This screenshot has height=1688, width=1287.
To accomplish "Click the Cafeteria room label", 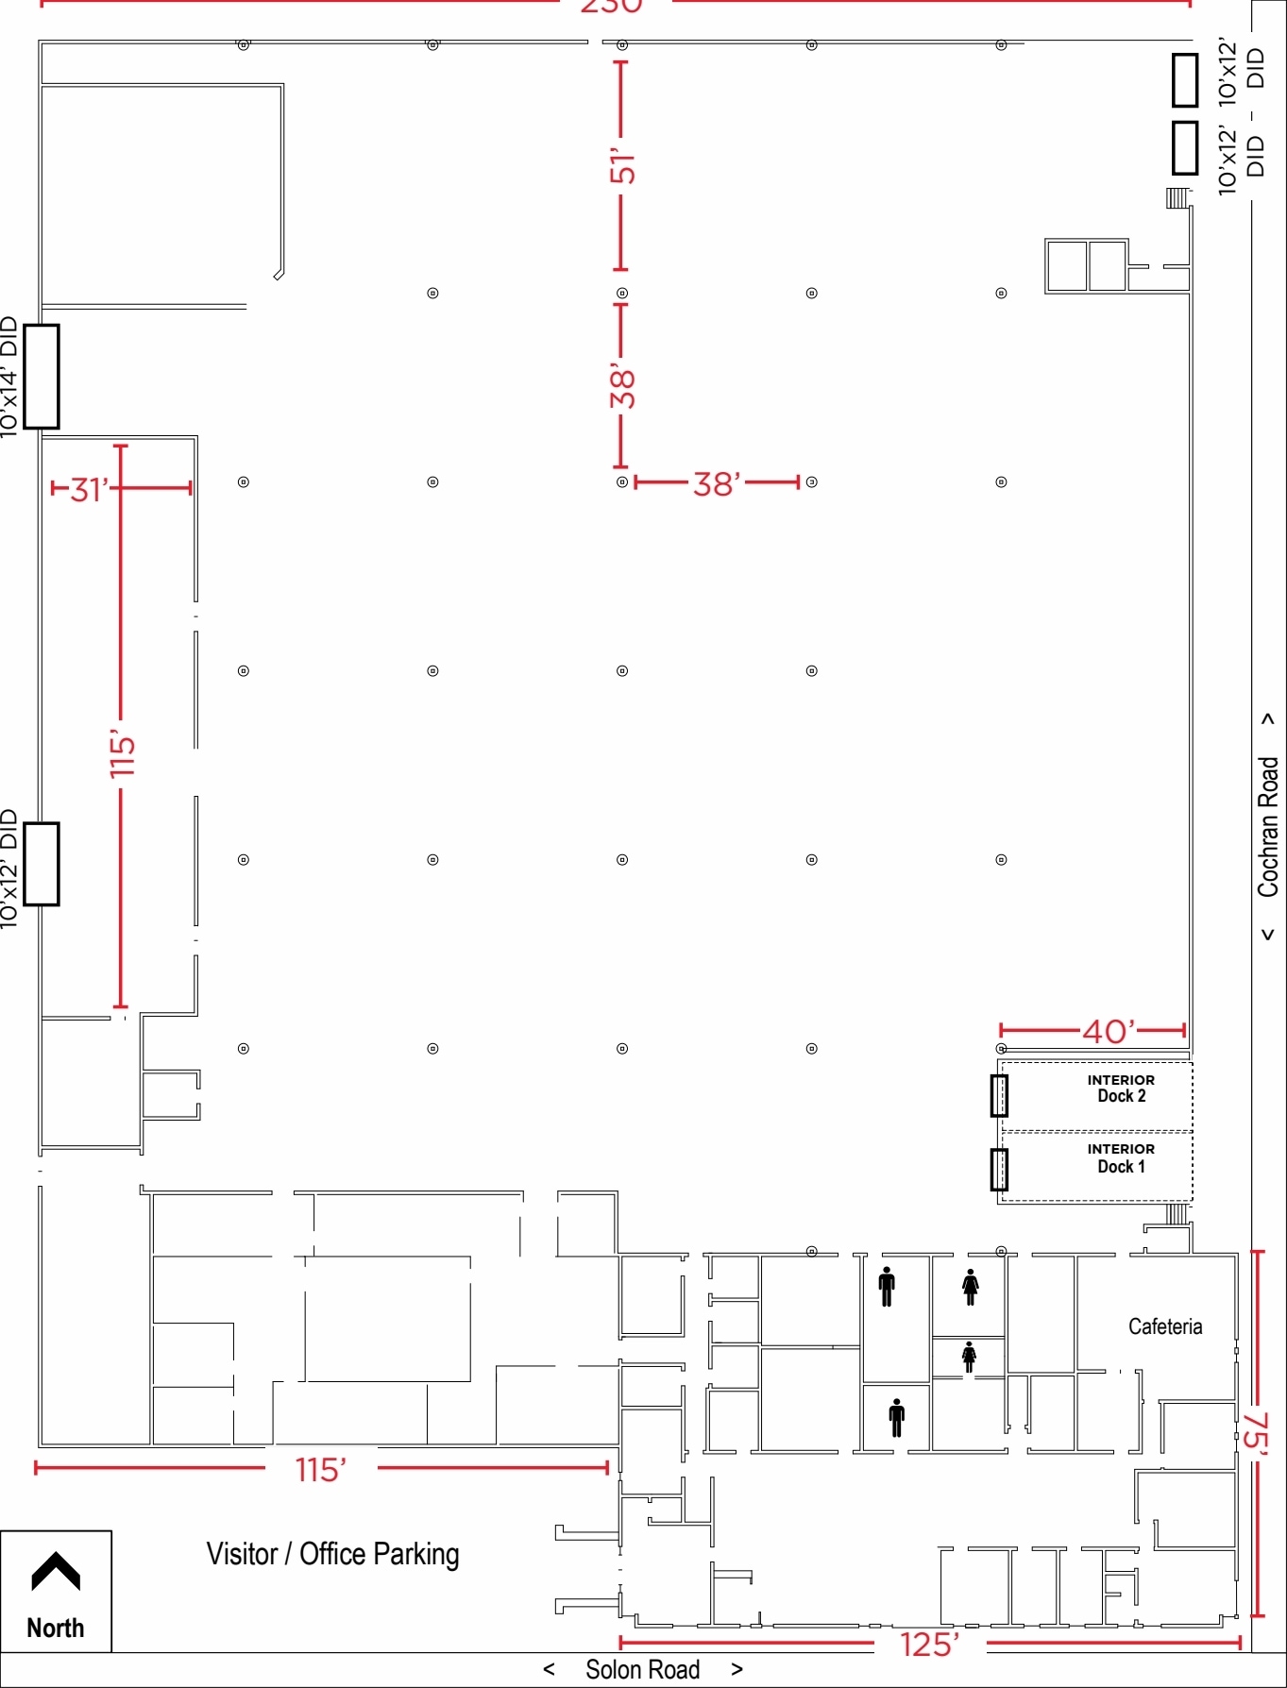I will [x=1165, y=1326].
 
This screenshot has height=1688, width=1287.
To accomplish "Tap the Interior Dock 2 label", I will [x=1121, y=1089].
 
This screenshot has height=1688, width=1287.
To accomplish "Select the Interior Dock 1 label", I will [x=1121, y=1158].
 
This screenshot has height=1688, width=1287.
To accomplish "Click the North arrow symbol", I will [x=56, y=1572].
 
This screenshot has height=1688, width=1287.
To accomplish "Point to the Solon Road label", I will [x=642, y=1669].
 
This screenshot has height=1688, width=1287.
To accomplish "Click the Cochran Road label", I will [x=1267, y=826].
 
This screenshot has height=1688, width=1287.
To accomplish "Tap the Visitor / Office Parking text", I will [x=332, y=1554].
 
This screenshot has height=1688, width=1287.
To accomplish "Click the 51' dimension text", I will [x=621, y=166].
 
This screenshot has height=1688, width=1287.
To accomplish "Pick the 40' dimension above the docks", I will [x=1109, y=1031].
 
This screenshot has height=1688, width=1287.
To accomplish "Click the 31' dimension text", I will [x=89, y=489].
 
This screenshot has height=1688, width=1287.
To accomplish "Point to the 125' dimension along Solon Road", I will [x=929, y=1645].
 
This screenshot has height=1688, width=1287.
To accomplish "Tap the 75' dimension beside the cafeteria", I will [x=1257, y=1430].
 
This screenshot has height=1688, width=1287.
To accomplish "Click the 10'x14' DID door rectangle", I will [x=42, y=376].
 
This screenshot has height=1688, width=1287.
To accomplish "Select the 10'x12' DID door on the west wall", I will [x=42, y=864].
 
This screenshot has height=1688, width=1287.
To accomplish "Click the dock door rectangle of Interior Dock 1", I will [x=999, y=1169].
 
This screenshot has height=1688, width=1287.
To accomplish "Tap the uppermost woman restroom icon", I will [x=970, y=1287].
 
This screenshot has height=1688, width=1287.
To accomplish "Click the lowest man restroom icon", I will [x=896, y=1417].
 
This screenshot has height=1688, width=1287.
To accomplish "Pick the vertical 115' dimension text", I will [x=122, y=752].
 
